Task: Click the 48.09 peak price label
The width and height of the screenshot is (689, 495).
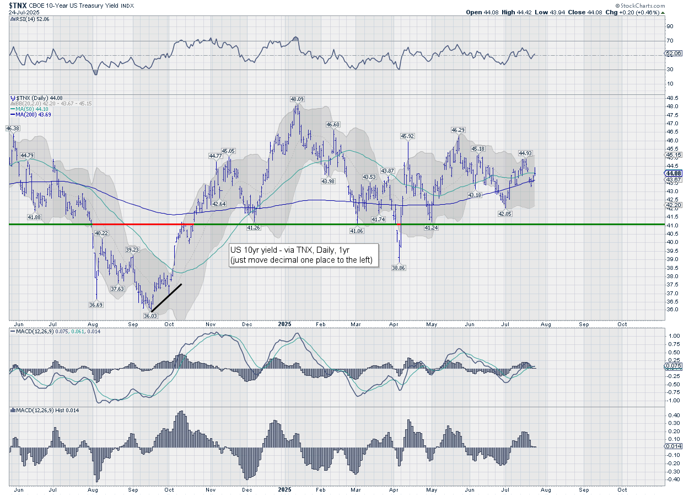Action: pos(298,99)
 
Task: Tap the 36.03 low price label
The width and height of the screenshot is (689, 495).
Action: pos(150,316)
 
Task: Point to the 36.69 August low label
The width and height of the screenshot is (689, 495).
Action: pos(96,305)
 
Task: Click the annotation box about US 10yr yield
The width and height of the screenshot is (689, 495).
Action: pos(304,255)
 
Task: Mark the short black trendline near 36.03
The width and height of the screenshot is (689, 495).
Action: pos(166,297)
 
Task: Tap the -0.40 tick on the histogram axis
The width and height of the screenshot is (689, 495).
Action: pos(672,479)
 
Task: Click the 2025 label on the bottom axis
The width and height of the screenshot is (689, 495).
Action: pos(284,489)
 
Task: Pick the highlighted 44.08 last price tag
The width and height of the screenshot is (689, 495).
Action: pos(674,173)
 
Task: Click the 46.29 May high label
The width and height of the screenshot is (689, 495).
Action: pos(458,130)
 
